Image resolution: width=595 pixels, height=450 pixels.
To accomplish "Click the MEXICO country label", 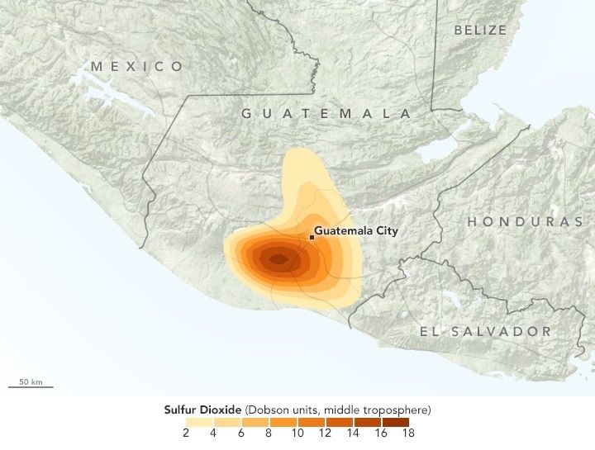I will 138,66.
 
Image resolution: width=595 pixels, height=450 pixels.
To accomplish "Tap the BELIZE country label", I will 480,30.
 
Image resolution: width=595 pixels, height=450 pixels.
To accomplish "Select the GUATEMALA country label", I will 326,113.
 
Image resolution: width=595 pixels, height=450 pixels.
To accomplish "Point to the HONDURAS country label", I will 525,221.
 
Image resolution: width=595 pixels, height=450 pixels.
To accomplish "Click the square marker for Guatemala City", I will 312,237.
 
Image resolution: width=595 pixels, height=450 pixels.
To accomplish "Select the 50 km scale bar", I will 31,386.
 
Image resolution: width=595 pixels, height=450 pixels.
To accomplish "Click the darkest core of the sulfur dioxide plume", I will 277,259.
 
